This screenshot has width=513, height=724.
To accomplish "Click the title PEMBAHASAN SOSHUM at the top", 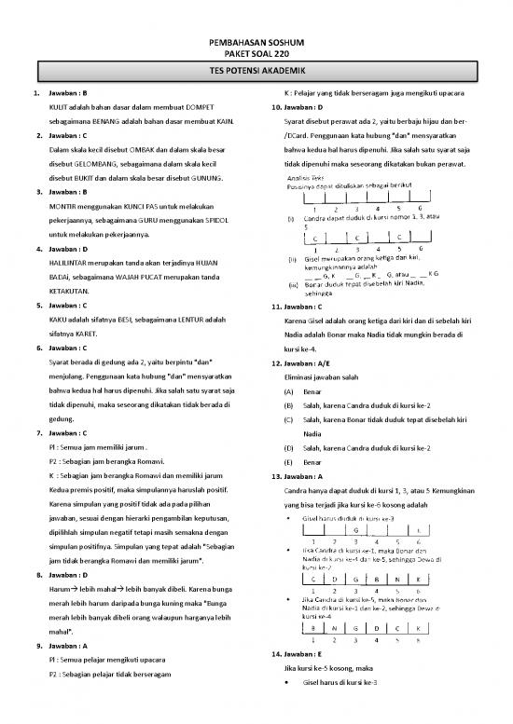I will (256, 46).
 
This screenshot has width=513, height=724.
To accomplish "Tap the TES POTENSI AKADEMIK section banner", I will (256, 71).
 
